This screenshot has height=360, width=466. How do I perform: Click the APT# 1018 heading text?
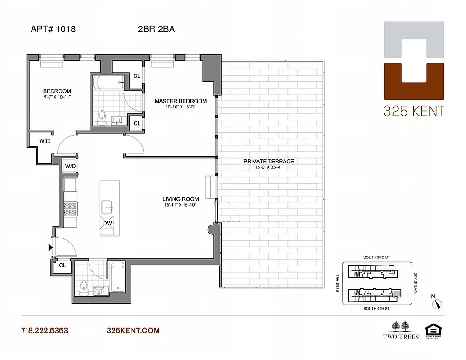tap(53, 30)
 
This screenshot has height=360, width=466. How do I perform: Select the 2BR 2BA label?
tap(156, 30)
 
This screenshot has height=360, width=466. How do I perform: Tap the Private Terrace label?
tap(268, 161)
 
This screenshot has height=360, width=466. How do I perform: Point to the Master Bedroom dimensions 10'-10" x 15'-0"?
tap(181, 108)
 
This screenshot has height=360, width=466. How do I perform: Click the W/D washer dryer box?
tap(70, 166)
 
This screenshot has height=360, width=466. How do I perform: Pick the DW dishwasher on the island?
tap(108, 223)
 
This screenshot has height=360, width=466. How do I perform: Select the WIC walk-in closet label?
tap(44, 141)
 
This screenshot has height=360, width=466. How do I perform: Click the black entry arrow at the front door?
tap(50, 247)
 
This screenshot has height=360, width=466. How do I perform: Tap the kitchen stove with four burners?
tap(71, 209)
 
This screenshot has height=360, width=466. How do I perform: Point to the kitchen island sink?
tap(108, 205)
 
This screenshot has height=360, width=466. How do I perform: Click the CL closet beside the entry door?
tap(62, 265)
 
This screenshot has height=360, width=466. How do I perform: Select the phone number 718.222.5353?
tap(44, 330)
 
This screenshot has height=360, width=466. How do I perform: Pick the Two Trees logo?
tap(401, 329)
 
